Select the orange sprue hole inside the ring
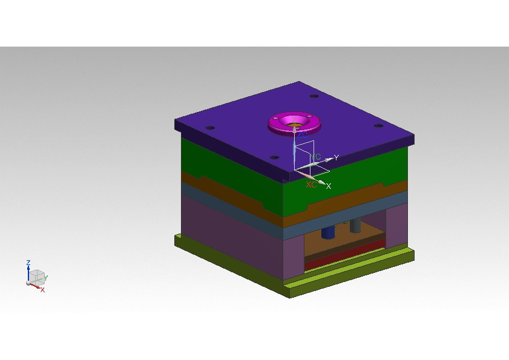(x=295, y=126)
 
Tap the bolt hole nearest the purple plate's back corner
(x=314, y=97)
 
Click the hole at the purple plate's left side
(x=210, y=128)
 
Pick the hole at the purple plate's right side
(x=378, y=126)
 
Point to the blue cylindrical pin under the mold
(x=328, y=232)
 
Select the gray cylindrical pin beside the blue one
(x=356, y=225)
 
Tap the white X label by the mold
(x=329, y=186)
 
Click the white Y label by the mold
(x=337, y=157)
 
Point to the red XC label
(x=311, y=185)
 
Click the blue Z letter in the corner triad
(x=28, y=263)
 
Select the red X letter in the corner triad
(x=43, y=290)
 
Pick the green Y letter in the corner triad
(x=46, y=278)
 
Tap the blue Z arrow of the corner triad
(x=28, y=272)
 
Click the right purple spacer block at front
(x=397, y=227)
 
